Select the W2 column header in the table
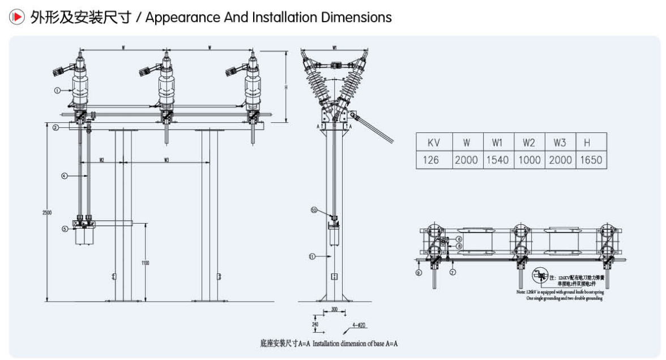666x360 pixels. coord(528,142)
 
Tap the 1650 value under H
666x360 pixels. coord(591,160)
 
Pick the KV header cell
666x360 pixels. coord(433,142)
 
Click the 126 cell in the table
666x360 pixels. coord(433,160)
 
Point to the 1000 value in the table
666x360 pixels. coord(528,160)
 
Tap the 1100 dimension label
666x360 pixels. coord(145,263)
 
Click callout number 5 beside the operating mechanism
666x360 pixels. coord(65,229)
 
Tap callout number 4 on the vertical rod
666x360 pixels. coord(65,176)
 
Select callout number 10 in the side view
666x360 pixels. coord(314,210)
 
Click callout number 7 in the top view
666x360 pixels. coord(452,272)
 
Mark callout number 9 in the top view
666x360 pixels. coord(419,272)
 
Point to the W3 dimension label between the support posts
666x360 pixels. coord(166,160)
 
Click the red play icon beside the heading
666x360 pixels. coord(18,18)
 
